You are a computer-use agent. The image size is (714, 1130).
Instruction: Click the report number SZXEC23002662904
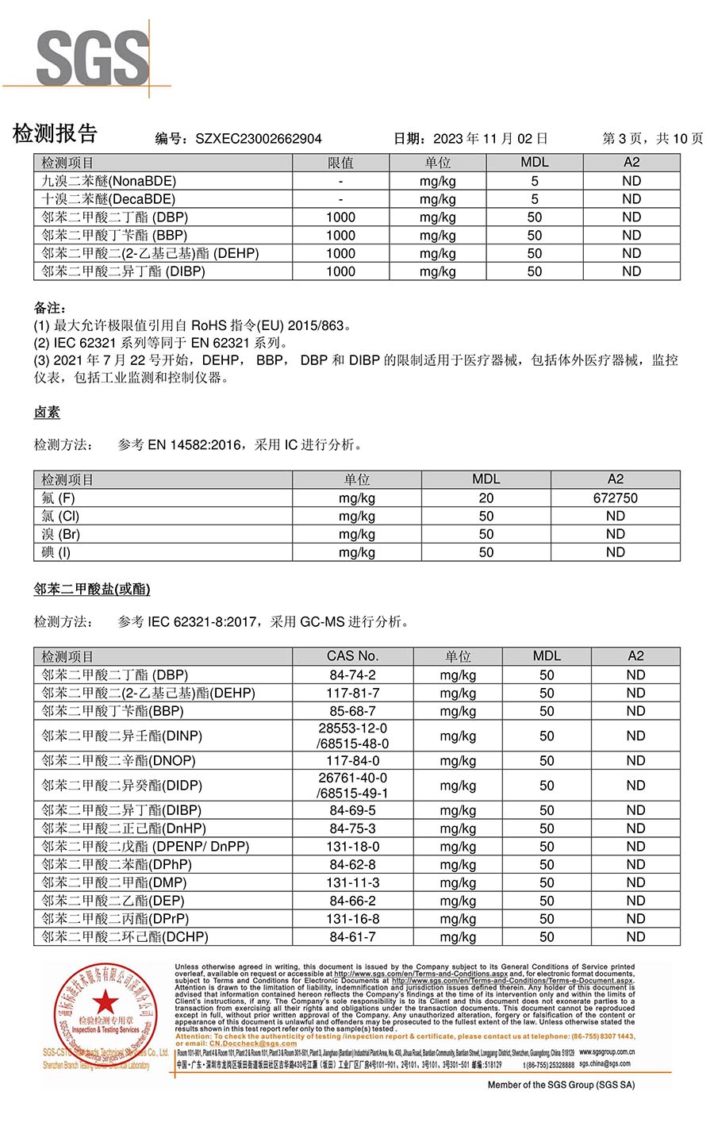[x=258, y=139]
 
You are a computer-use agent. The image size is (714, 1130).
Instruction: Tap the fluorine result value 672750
[x=615, y=498]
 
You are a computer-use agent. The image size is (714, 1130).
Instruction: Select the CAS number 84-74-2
[x=353, y=675]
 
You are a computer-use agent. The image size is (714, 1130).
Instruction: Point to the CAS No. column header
[x=353, y=656]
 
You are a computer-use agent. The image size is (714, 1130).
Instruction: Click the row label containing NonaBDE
[x=109, y=181]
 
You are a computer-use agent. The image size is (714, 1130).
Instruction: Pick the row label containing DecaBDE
[x=109, y=199]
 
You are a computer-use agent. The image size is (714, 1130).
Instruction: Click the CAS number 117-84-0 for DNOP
[x=353, y=761]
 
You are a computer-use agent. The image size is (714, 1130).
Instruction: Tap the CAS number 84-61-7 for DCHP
[x=353, y=937]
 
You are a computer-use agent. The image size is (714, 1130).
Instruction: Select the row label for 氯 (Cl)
[x=60, y=517]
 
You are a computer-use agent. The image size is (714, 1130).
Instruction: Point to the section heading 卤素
[x=47, y=413]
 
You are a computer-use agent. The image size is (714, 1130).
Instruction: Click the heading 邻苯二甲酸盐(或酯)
[x=92, y=590]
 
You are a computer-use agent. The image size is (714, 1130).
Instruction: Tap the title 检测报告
[x=55, y=134]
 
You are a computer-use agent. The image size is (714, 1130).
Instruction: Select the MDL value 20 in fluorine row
[x=486, y=498]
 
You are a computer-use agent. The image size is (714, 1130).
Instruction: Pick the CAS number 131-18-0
[x=353, y=847]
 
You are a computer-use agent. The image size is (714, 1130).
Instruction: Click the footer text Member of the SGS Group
[x=561, y=1085]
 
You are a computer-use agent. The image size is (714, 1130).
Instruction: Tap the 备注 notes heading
[x=49, y=308]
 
